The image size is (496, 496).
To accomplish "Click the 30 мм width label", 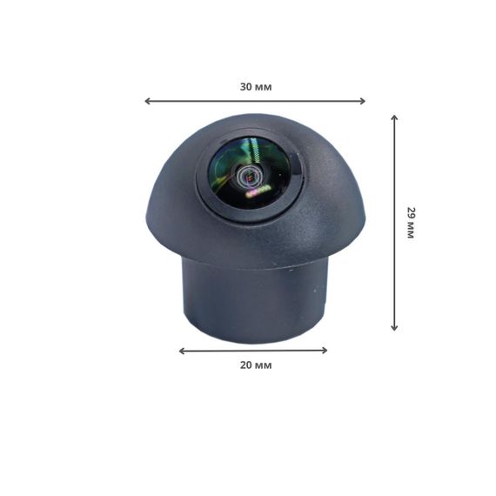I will coord(255,87).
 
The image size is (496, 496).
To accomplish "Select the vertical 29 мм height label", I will coord(410,223).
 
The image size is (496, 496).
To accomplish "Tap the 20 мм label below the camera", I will coord(255,365).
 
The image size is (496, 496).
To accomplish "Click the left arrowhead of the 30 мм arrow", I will coord(147,101).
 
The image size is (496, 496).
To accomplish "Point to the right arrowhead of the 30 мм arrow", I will coord(363,101).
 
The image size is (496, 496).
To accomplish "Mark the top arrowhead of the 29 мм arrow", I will coord(394,117).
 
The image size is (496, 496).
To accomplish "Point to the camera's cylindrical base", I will coord(252,300).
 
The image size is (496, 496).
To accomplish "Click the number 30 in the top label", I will coord(246,87).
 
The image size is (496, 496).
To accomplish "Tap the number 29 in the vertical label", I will coord(410,212).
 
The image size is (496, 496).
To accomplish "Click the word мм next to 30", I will coord(263,87).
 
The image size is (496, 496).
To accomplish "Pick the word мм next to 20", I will coord(263,365).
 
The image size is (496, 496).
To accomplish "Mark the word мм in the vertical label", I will coord(410,231).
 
